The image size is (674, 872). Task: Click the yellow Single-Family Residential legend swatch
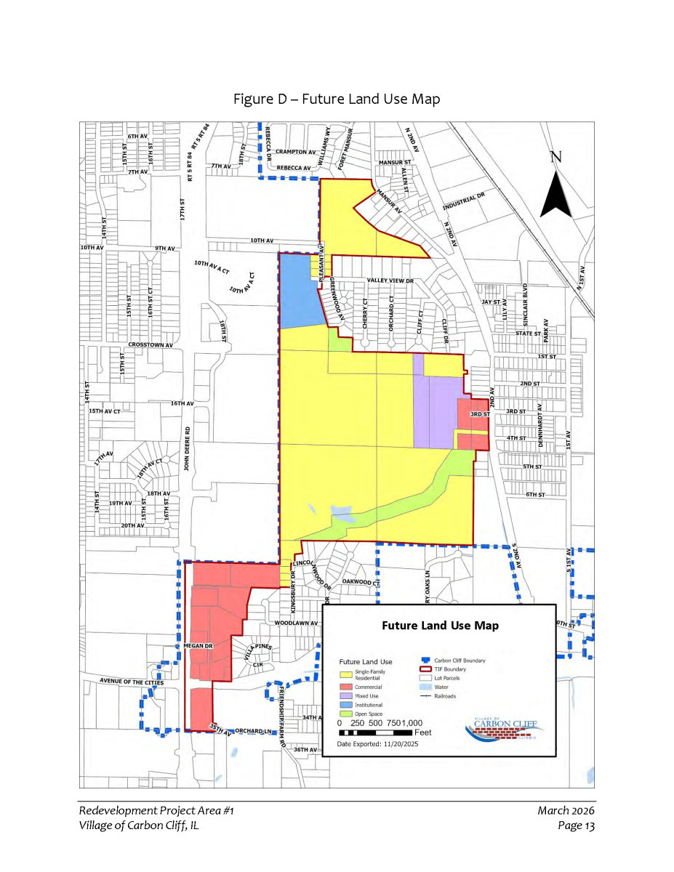point(345,675)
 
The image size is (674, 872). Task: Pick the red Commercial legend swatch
point(345,687)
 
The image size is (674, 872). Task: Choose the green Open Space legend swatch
point(345,714)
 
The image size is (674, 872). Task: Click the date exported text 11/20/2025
point(377,744)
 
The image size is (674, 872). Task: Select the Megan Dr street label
point(197,645)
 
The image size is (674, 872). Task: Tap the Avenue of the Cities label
point(132,682)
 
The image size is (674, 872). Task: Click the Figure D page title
point(337,99)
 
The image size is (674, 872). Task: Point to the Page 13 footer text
point(577,825)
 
